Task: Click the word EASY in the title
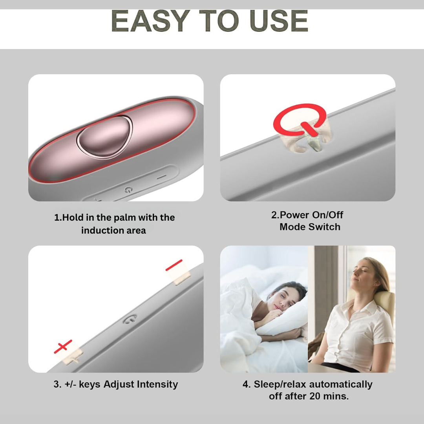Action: [x=150, y=21]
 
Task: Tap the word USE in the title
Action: [x=278, y=21]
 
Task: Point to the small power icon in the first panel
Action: [x=128, y=190]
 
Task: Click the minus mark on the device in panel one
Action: [x=161, y=177]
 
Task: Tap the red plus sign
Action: [x=63, y=346]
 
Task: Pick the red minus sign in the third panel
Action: [x=174, y=265]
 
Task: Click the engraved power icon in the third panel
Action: [x=130, y=319]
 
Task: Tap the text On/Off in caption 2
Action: [x=327, y=215]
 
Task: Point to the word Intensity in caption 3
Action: [x=157, y=384]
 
